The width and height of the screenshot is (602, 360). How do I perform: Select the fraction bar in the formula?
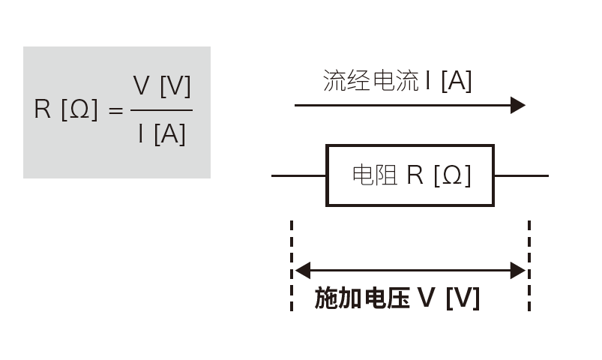point(161,110)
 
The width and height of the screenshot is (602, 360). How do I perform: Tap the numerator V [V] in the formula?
point(162,86)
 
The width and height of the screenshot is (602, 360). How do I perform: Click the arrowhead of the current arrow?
point(518,105)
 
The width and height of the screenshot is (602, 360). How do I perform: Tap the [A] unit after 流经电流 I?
point(456,80)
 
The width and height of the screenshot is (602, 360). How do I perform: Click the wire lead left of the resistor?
point(298,176)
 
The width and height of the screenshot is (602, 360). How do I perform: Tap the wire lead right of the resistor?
point(521,176)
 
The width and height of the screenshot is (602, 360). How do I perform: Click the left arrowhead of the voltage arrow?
point(302,271)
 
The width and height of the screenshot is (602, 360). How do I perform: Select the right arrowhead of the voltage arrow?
point(518,271)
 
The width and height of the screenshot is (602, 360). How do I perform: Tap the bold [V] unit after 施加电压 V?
point(463,298)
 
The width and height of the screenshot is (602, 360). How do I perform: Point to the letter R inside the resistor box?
point(415,175)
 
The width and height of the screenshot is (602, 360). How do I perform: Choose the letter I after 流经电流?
point(427,80)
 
